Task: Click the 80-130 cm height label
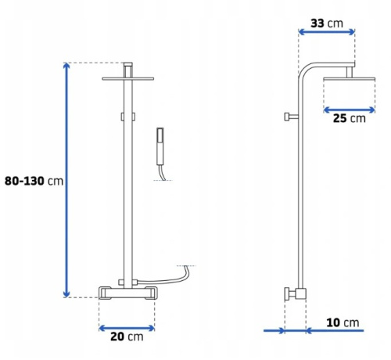tap(34, 181)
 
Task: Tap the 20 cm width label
tap(127, 337)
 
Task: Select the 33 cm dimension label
tap(327, 23)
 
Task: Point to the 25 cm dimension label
tap(350, 118)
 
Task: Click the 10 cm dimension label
tap(343, 322)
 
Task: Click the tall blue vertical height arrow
tap(66, 180)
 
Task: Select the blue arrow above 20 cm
tap(127, 328)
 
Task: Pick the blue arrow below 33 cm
tap(326, 32)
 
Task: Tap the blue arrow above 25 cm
tap(350, 110)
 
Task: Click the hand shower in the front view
tap(160, 146)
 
